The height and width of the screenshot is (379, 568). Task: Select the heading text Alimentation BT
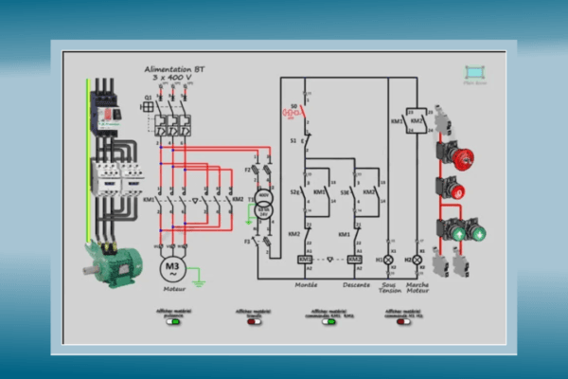(173, 70)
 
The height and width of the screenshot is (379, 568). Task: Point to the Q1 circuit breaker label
(148, 98)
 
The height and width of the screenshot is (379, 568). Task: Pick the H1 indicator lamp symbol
(387, 259)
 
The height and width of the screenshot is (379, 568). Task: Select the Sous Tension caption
(387, 287)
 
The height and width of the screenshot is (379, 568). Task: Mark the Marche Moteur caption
(417, 287)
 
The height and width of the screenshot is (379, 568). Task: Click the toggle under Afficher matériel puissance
(173, 321)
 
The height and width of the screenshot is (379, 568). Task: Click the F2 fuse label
(248, 170)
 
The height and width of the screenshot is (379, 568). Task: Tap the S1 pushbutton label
(293, 141)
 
